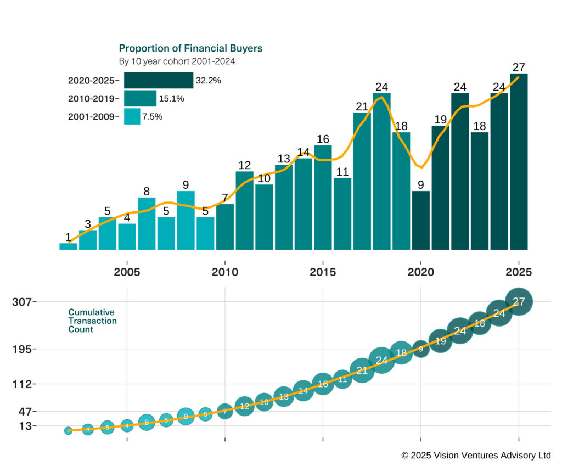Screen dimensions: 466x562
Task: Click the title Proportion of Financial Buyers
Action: pyautogui.click(x=190, y=48)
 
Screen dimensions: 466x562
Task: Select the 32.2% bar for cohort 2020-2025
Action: pyautogui.click(x=158, y=80)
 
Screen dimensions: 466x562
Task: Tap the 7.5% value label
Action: pyautogui.click(x=152, y=116)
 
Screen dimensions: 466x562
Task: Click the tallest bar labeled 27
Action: pyautogui.click(x=519, y=161)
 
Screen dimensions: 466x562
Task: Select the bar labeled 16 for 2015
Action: pyautogui.click(x=323, y=198)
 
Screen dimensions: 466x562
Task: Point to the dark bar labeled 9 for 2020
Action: pyautogui.click(x=420, y=220)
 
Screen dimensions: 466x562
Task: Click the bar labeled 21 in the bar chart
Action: pyautogui.click(x=362, y=181)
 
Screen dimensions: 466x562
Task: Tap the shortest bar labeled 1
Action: pyautogui.click(x=68, y=246)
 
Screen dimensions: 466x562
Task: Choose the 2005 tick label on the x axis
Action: pyautogui.click(x=127, y=272)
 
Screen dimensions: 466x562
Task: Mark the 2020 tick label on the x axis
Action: pyautogui.click(x=420, y=272)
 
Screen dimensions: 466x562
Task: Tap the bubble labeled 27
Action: pyautogui.click(x=519, y=301)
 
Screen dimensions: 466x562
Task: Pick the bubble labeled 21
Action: pyautogui.click(x=362, y=370)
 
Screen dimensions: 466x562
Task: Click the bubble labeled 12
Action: pyautogui.click(x=244, y=406)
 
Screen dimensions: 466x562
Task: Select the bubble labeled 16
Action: pyautogui.click(x=323, y=384)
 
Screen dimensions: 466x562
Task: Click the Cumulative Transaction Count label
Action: pyautogui.click(x=92, y=321)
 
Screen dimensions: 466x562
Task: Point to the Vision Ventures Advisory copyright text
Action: pyautogui.click(x=476, y=455)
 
